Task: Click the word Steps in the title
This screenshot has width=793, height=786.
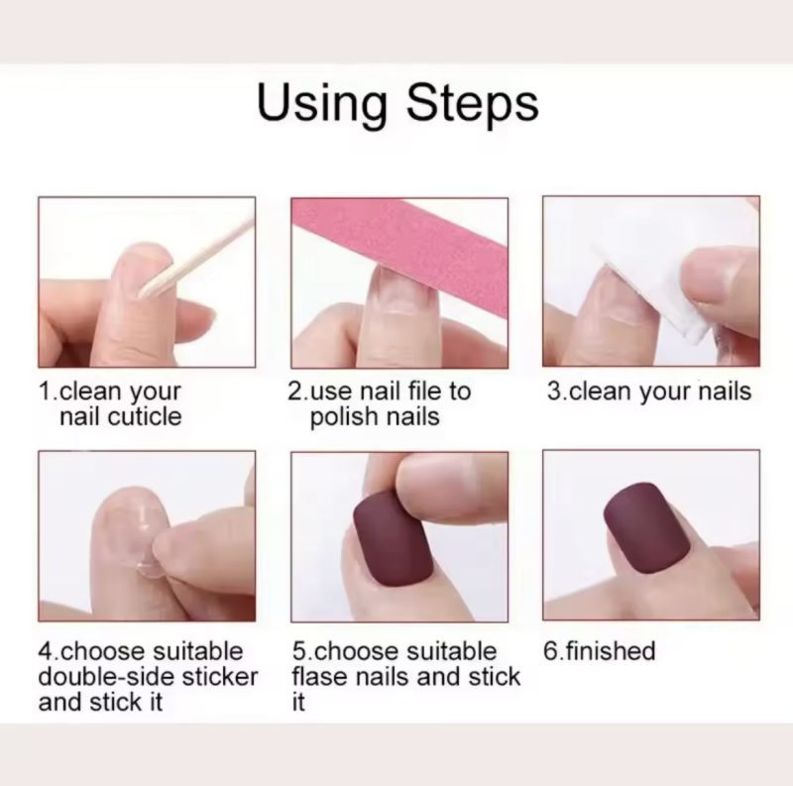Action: [473, 104]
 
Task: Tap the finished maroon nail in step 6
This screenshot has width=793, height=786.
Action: [647, 528]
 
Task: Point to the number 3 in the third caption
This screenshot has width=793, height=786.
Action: [554, 392]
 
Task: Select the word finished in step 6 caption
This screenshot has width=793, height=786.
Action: [611, 651]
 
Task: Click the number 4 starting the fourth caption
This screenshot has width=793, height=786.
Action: [46, 652]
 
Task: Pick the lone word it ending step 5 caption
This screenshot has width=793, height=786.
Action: [298, 703]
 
